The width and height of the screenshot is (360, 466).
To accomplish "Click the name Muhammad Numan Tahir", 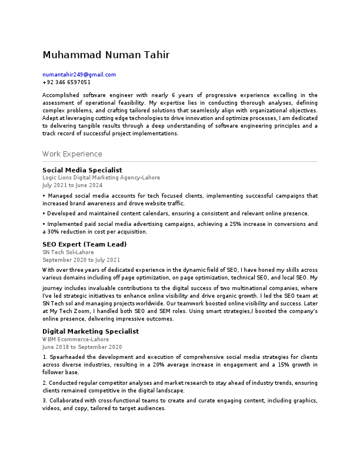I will [106, 55].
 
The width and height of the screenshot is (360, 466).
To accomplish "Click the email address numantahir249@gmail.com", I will [79, 75].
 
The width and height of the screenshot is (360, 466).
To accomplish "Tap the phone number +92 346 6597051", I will [66, 82].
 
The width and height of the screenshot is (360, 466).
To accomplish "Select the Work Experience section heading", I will [72, 154].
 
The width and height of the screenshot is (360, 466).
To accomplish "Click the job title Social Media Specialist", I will [82, 169].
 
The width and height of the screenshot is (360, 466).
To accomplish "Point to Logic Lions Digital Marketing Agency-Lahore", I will [101, 177].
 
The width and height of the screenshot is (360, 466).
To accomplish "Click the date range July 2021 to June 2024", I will [72, 185].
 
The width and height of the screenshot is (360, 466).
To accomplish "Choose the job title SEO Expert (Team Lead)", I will [84, 244].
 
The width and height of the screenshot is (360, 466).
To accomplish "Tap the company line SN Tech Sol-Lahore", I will [68, 252].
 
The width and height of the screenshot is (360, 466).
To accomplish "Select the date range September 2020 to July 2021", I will [81, 259].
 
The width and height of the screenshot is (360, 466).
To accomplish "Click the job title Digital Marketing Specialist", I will [90, 331].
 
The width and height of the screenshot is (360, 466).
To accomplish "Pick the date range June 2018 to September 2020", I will [82, 347].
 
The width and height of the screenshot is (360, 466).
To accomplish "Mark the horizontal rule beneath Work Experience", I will [179, 161].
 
